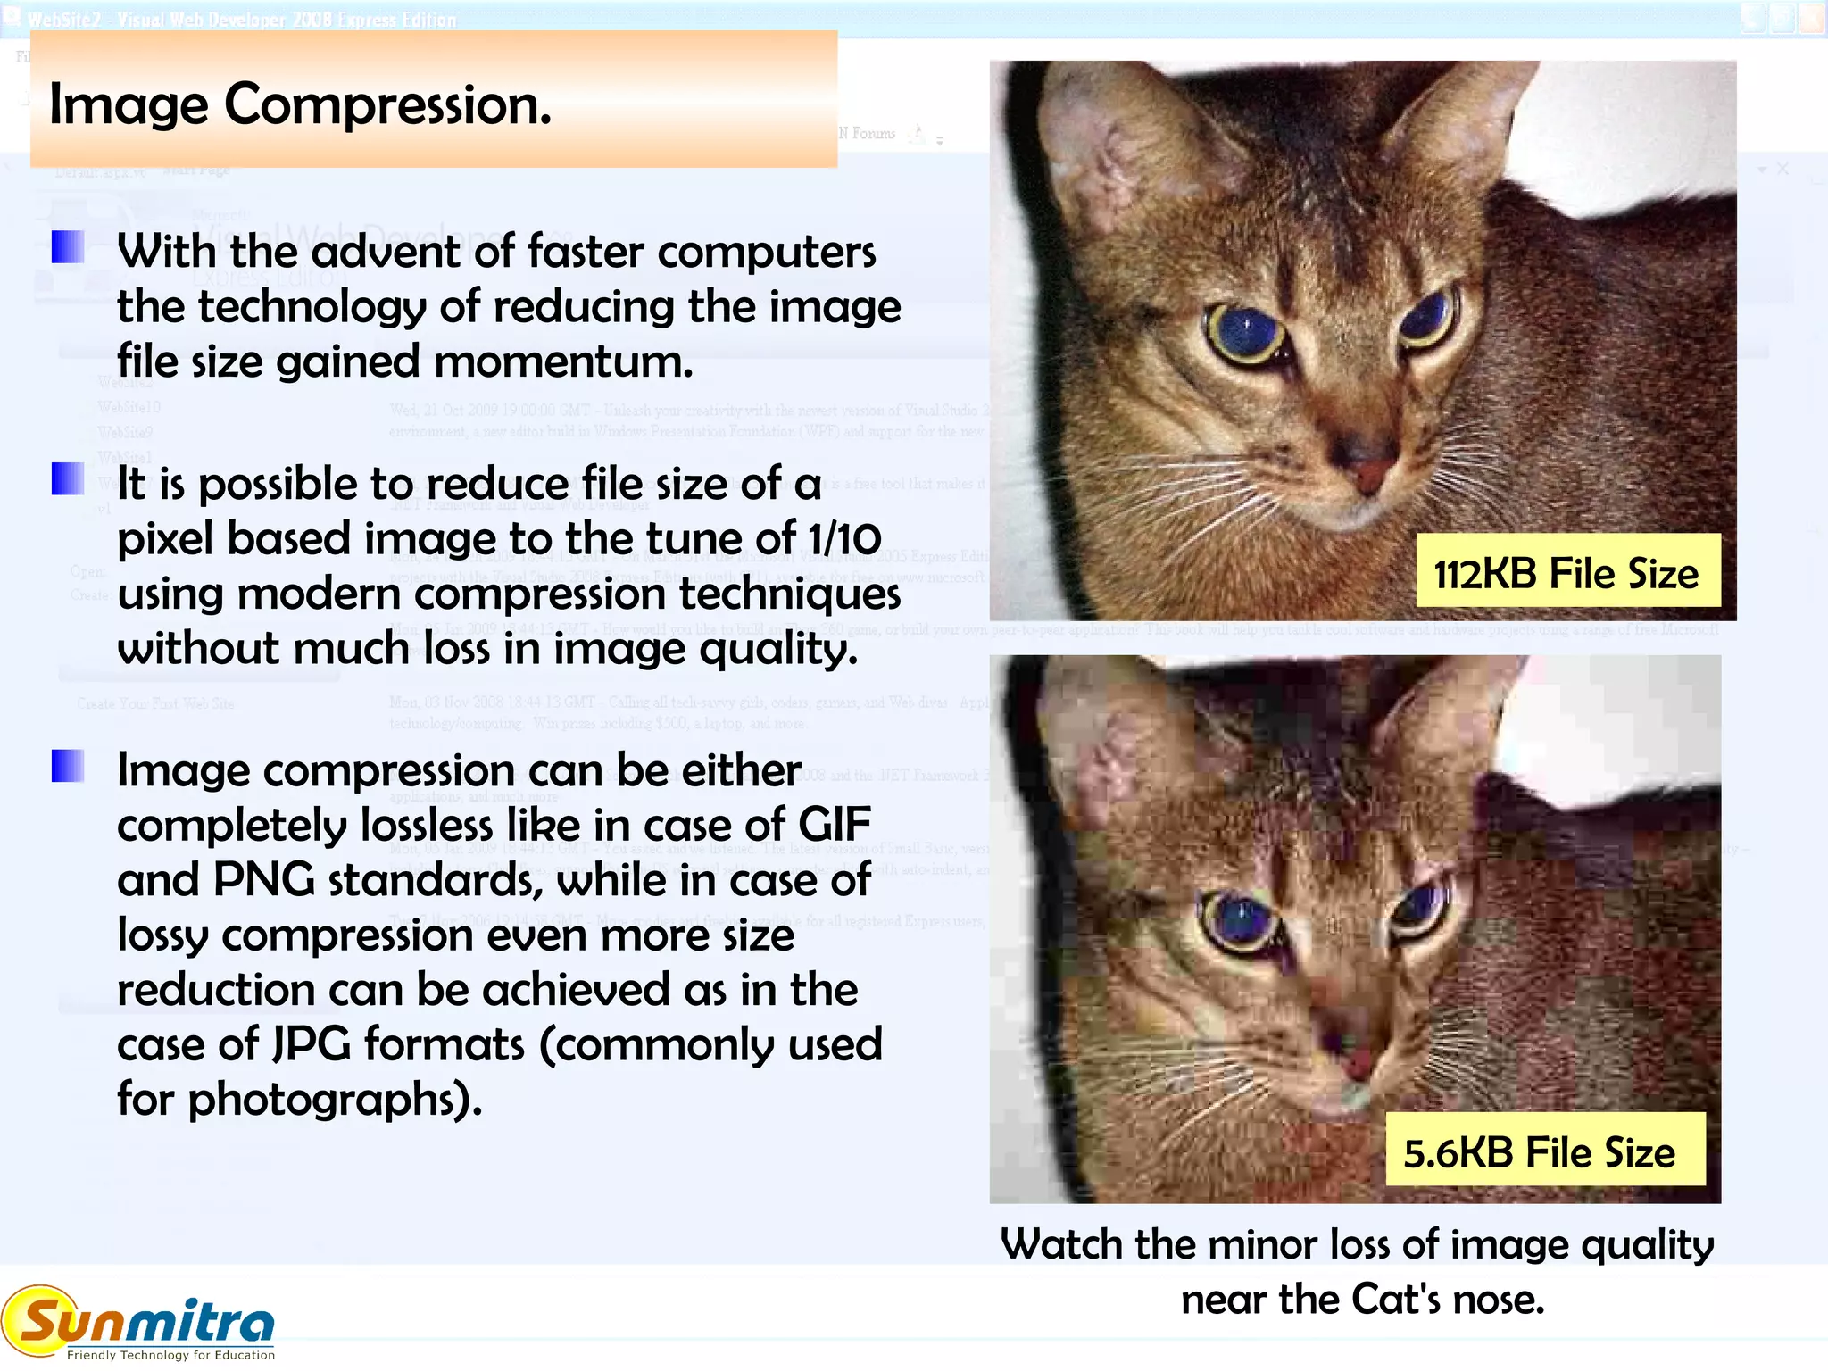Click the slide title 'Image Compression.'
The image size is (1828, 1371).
pyautogui.click(x=300, y=105)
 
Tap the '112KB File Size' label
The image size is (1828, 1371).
pyautogui.click(x=1566, y=573)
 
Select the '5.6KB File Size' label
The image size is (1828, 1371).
pyautogui.click(x=1540, y=1152)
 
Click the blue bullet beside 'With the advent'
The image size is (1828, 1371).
pyautogui.click(x=68, y=247)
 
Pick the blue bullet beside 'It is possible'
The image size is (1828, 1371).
pyautogui.click(x=68, y=478)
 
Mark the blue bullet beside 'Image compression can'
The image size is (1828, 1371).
pyautogui.click(x=68, y=765)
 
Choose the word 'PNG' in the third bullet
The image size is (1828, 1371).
pyautogui.click(x=264, y=880)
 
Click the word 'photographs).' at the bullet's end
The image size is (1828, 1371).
pyautogui.click(x=335, y=1100)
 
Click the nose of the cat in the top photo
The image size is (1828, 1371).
pyautogui.click(x=1367, y=473)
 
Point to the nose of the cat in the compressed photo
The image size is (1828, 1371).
pyautogui.click(x=1354, y=1062)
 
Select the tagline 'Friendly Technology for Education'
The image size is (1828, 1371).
pyautogui.click(x=170, y=1355)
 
